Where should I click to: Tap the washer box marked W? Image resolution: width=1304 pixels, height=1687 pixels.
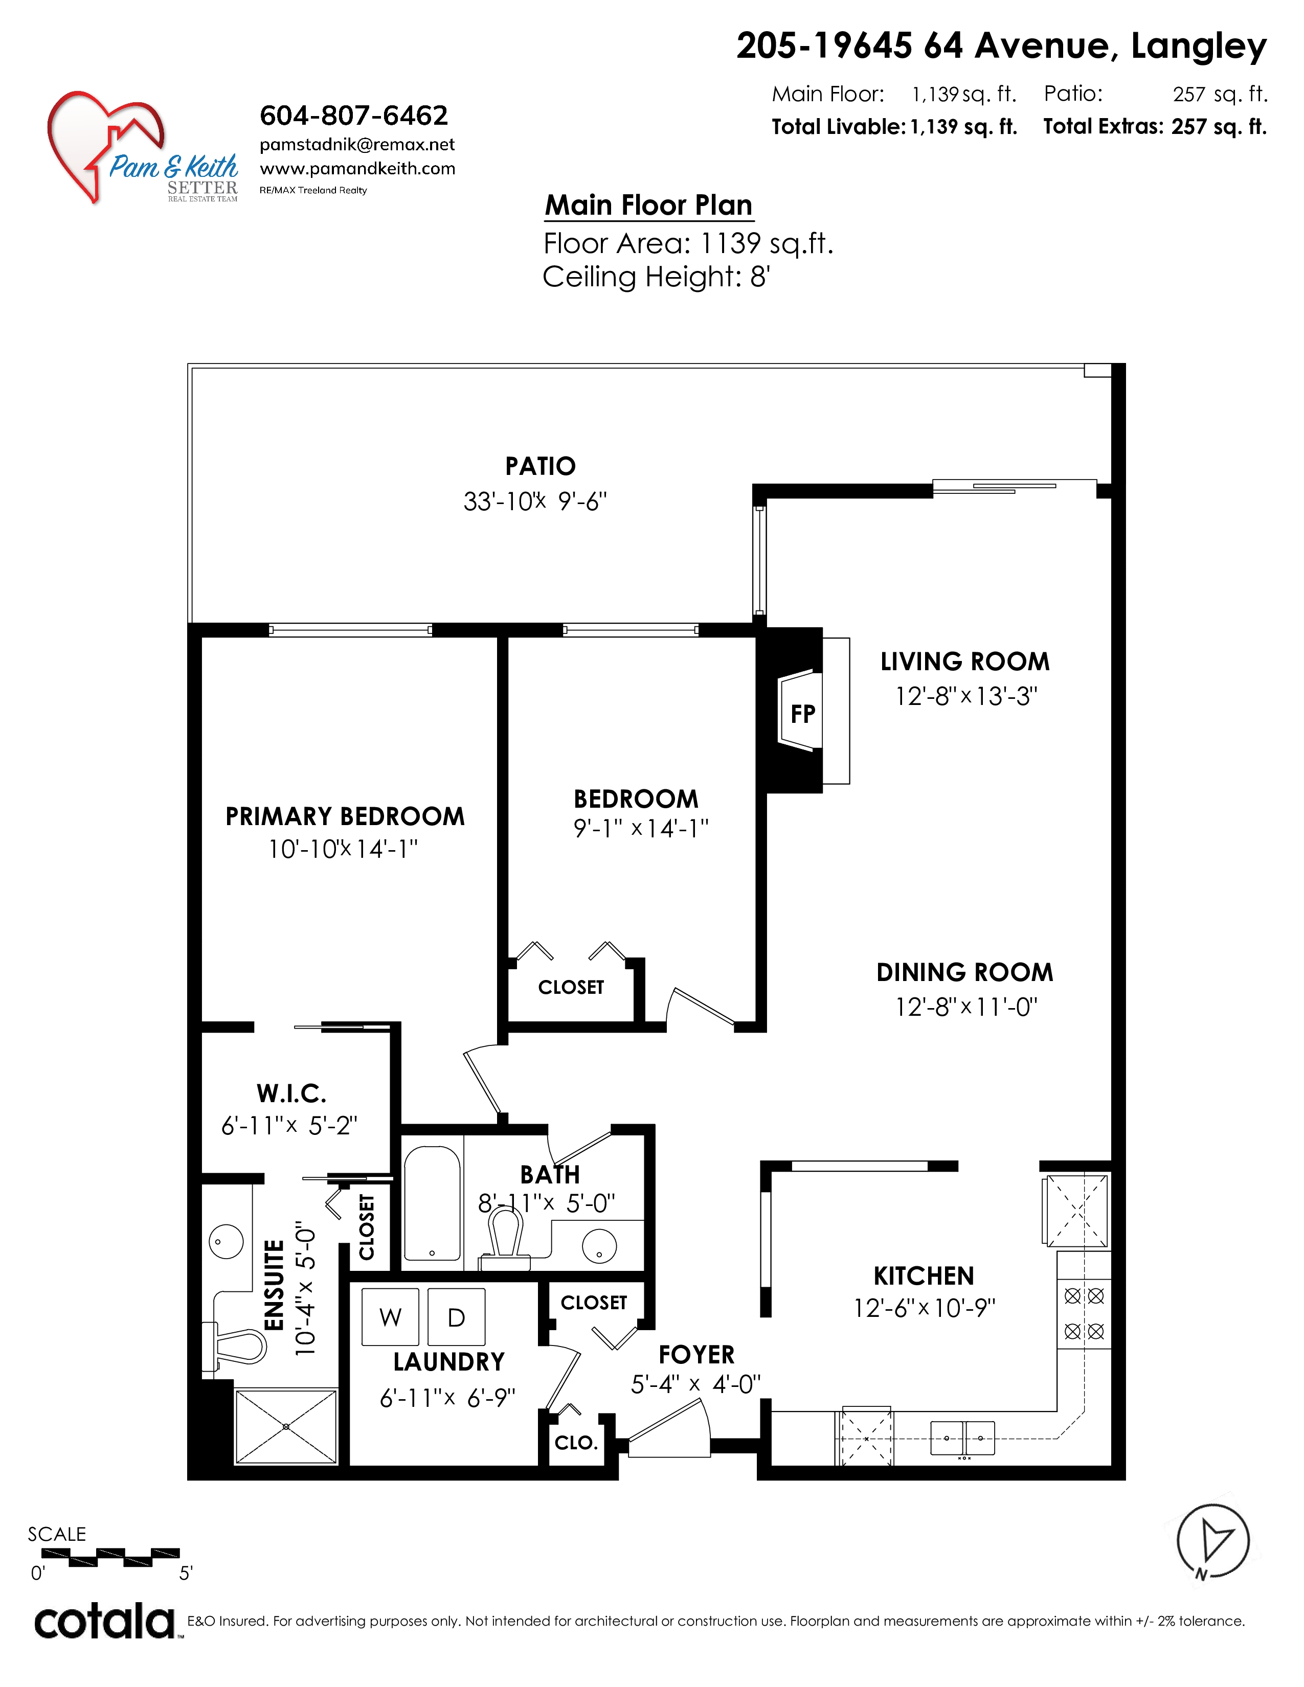[390, 1316]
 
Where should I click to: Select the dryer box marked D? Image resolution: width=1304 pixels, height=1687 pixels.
[457, 1316]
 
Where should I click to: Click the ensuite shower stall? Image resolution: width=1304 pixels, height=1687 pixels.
[286, 1426]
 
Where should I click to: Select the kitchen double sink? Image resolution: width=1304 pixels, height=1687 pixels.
[962, 1438]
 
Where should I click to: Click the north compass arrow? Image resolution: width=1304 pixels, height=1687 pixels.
[1213, 1542]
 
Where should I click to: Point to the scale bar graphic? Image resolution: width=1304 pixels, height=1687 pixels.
[124, 1557]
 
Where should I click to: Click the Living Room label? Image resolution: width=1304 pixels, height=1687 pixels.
[965, 662]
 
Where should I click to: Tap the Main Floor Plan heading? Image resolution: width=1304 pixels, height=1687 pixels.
[649, 206]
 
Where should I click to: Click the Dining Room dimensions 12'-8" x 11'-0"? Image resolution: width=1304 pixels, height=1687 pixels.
[965, 1007]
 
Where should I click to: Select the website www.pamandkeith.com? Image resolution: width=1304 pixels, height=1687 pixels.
[357, 168]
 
